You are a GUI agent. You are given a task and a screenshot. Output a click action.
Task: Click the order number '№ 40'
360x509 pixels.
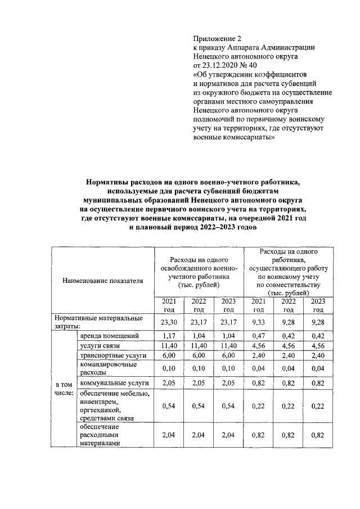click(x=250, y=66)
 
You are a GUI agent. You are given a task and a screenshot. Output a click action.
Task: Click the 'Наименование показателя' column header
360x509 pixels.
click(x=102, y=280)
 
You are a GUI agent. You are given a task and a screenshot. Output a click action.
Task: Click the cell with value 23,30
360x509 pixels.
click(x=169, y=322)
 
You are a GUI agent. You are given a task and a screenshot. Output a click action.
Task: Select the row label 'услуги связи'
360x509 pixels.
click(x=98, y=345)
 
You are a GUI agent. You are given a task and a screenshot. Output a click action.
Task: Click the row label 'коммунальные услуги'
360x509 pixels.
click(x=109, y=383)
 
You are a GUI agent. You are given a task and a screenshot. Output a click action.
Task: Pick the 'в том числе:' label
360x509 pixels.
click(x=64, y=388)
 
